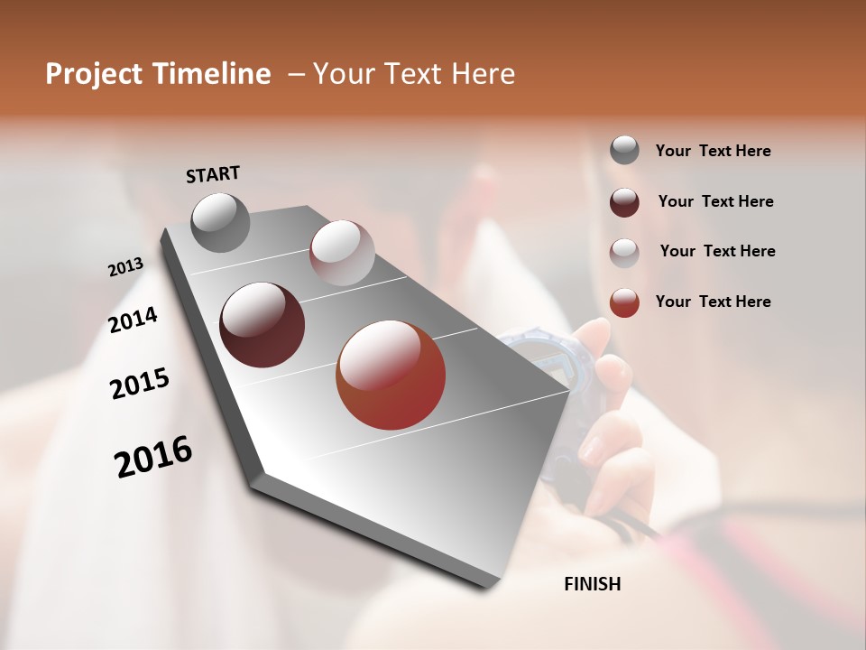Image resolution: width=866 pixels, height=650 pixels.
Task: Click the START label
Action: (213, 174)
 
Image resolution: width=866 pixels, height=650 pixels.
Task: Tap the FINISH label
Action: (592, 584)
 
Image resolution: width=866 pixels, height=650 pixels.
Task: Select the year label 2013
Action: (125, 267)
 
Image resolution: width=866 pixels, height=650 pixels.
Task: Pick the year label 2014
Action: (133, 320)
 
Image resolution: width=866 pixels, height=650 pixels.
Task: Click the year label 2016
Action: (153, 457)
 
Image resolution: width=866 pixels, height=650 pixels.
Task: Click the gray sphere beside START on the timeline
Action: (220, 222)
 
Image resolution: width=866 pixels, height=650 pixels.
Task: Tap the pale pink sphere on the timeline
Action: (341, 252)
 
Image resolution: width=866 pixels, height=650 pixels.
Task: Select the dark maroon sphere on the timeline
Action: (262, 325)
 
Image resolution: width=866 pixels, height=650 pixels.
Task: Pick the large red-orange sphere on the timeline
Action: (390, 375)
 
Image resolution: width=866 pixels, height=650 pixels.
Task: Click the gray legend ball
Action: (624, 151)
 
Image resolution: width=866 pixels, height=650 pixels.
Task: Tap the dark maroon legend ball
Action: (624, 202)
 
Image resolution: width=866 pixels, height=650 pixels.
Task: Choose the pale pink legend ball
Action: (624, 253)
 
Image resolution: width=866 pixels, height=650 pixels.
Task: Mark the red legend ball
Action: (624, 302)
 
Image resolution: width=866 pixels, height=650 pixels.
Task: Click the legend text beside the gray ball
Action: (713, 152)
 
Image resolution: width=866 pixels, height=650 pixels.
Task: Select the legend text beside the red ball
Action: (713, 302)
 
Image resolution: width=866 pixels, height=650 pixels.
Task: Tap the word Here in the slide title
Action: (483, 74)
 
